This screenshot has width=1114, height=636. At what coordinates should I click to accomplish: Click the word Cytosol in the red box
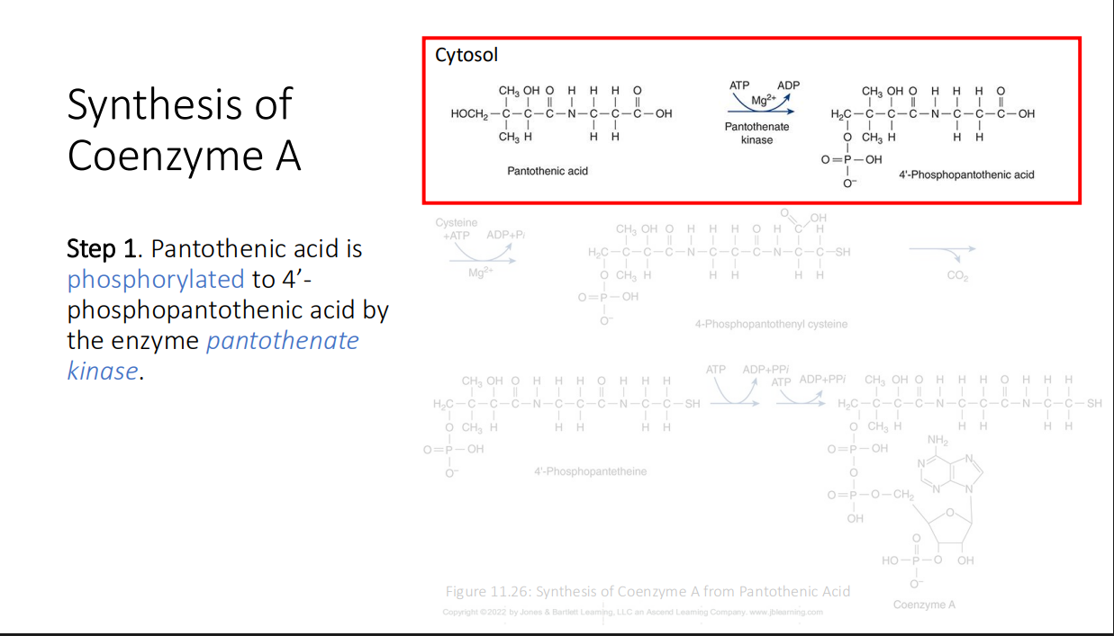click(x=466, y=56)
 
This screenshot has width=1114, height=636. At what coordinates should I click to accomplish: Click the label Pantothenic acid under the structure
click(x=548, y=171)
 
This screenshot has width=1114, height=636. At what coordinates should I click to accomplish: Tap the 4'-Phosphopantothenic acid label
click(x=966, y=175)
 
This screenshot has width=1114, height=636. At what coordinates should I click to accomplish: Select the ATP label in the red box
click(x=739, y=85)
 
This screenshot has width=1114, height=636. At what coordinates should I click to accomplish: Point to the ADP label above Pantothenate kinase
click(x=788, y=85)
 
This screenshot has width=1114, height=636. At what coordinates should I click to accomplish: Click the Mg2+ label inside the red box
click(x=764, y=100)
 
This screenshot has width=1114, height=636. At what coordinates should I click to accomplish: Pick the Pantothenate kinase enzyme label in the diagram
click(x=756, y=133)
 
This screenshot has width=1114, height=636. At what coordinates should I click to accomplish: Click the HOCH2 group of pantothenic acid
click(x=469, y=114)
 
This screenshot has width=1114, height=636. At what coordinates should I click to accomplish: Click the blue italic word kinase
click(x=103, y=371)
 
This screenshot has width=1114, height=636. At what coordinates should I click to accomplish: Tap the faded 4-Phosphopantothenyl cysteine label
click(x=771, y=324)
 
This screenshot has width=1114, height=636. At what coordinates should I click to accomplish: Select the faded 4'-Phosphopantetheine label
click(x=590, y=471)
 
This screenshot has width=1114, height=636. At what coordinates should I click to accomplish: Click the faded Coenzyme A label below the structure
click(x=924, y=605)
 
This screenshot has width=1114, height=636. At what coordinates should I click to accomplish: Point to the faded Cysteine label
click(x=457, y=222)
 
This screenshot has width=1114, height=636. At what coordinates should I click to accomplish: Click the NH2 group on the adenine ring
click(x=937, y=440)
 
